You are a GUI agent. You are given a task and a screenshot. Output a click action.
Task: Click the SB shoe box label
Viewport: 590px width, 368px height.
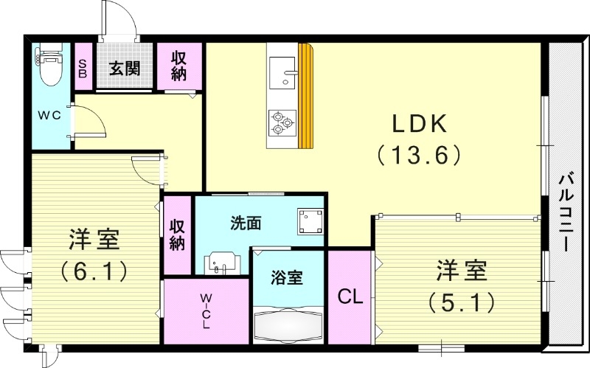coord(83,69)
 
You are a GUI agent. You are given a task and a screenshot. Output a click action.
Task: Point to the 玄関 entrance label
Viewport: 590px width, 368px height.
coord(125,69)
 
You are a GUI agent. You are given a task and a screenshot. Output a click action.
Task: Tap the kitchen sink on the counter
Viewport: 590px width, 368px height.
coord(282,72)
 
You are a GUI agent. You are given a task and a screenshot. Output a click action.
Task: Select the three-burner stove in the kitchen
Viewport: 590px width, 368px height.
coord(282,122)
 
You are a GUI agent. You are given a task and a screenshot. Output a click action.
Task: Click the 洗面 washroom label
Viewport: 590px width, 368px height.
coord(244,221)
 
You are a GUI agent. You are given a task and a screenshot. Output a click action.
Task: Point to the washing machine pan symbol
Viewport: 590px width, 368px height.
coord(310,220)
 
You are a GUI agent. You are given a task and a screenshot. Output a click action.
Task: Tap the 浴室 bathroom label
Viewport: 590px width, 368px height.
coord(287,279)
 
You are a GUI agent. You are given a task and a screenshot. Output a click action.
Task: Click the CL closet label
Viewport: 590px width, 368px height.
coord(350,297)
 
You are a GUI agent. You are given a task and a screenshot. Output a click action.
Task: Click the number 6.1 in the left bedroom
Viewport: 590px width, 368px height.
coord(94,270)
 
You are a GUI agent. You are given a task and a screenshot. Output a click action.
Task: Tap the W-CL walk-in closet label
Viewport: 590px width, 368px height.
coord(206,310)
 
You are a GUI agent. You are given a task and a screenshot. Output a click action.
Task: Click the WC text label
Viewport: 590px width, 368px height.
coord(50,115)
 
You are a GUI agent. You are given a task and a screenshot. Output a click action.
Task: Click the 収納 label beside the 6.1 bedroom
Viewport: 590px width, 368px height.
coord(177,235)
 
